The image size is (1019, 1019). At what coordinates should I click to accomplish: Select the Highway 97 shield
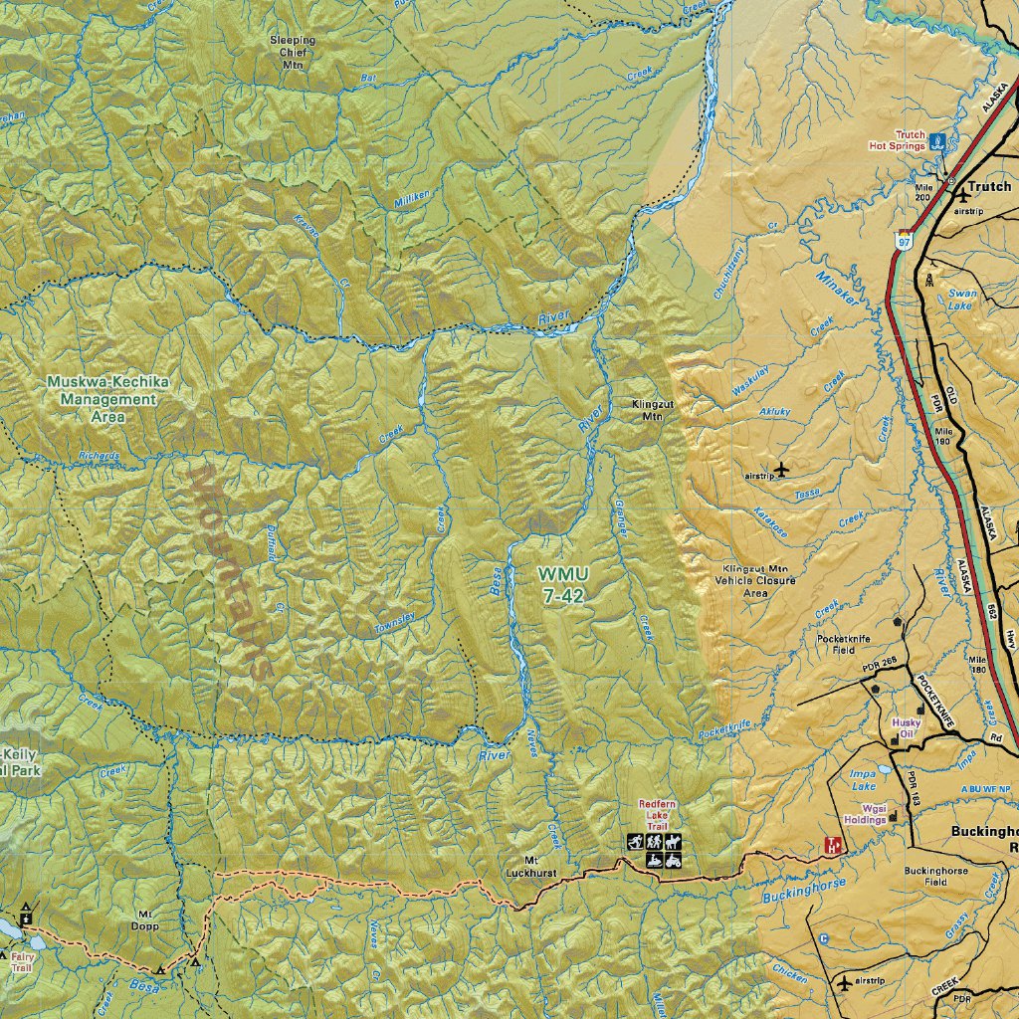point(903,240)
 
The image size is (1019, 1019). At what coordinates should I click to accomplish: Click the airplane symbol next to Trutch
point(962,197)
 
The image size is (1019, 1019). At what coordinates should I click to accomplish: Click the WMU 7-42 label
point(563,585)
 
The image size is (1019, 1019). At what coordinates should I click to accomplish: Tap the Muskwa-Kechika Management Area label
point(107,399)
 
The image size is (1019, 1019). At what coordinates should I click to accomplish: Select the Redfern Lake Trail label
point(657,814)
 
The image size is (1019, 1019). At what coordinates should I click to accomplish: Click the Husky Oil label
point(906,728)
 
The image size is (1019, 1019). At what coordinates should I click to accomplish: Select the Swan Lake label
point(962,300)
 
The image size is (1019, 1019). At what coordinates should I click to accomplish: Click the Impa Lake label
point(861,779)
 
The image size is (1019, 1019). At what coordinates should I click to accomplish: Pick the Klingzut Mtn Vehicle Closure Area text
point(755,580)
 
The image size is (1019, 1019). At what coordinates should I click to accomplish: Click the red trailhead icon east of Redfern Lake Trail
point(833,846)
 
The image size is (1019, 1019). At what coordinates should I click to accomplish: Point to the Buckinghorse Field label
point(934,876)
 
